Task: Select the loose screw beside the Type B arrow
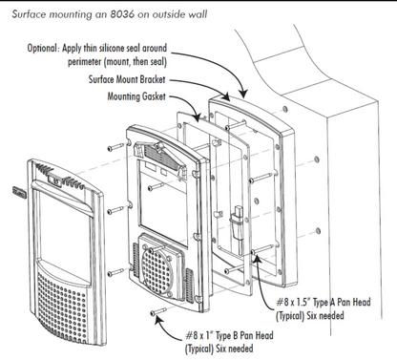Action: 157,312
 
